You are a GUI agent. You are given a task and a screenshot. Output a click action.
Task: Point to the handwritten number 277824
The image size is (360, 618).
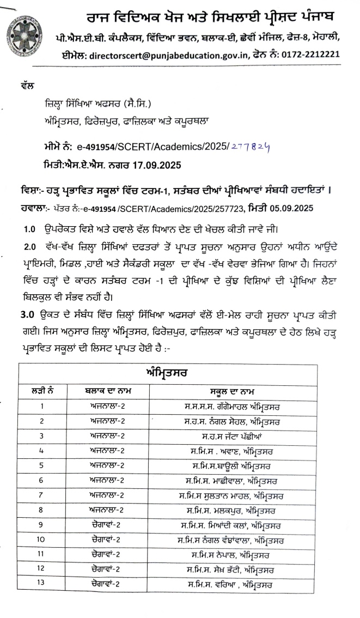(x=250, y=147)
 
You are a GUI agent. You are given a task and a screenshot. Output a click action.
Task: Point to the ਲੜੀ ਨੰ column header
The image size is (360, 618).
(x=42, y=391)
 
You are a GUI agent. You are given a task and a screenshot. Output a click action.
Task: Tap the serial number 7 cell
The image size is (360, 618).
(x=41, y=495)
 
